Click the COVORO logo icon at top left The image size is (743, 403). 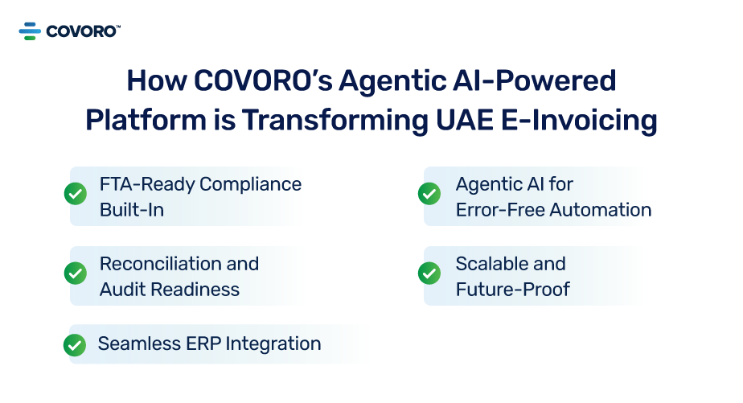click(30, 31)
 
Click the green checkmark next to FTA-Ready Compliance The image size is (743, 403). click(75, 194)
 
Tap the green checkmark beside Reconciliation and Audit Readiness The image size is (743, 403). click(75, 273)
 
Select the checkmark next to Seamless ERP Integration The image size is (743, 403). click(75, 344)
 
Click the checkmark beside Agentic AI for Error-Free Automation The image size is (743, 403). click(429, 194)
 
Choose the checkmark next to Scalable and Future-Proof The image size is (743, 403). click(429, 273)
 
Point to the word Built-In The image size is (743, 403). click(132, 210)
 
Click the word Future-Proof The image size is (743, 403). click(512, 290)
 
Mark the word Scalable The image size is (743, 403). click(490, 264)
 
